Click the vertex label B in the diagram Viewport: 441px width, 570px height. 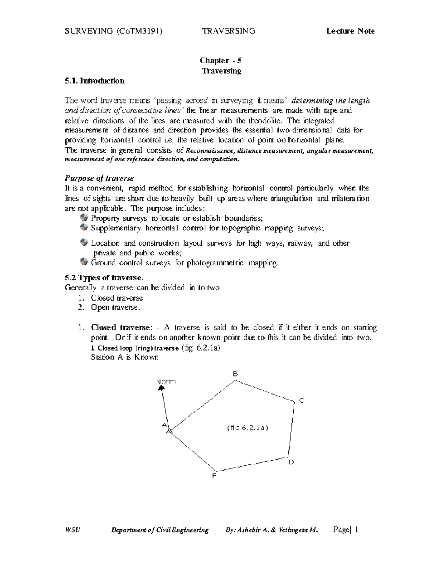(x=236, y=374)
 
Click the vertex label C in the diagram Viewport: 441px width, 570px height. (x=301, y=400)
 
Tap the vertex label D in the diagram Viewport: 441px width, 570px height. (x=291, y=462)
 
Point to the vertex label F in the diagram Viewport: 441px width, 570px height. (x=215, y=476)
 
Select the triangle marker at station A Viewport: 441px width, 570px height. (x=169, y=431)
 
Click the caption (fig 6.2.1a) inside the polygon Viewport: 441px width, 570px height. (x=248, y=428)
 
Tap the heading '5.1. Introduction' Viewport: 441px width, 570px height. (x=94, y=81)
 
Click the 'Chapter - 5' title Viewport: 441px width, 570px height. (x=220, y=61)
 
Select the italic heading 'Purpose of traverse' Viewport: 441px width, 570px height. (x=99, y=178)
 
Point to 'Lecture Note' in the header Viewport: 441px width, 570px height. (x=351, y=31)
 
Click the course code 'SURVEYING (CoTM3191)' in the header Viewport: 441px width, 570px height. (x=114, y=31)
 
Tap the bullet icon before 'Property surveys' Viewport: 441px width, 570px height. (x=84, y=218)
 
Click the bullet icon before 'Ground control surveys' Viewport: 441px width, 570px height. (x=84, y=262)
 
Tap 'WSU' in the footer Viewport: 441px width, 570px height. (x=72, y=530)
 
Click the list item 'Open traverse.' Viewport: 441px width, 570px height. (x=115, y=308)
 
